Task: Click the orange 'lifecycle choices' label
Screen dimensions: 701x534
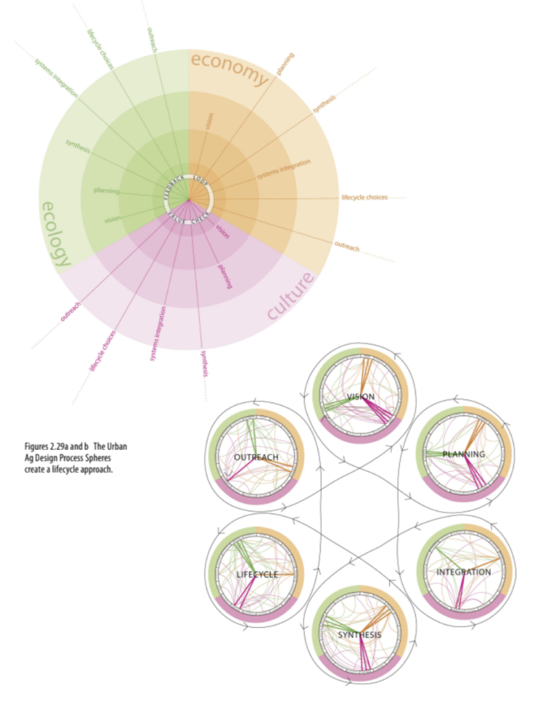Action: pyautogui.click(x=364, y=197)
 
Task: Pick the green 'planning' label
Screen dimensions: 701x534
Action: pyautogui.click(x=106, y=191)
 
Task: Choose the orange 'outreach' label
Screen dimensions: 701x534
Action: pyautogui.click(x=347, y=246)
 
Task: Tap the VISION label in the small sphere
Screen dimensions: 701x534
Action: pyautogui.click(x=360, y=397)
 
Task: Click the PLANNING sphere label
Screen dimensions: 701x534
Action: pyautogui.click(x=463, y=454)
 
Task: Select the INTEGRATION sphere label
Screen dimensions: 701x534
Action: pyautogui.click(x=464, y=572)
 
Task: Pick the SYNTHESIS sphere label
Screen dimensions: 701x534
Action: pyautogui.click(x=360, y=635)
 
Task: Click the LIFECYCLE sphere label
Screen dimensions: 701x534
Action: pyautogui.click(x=257, y=574)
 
